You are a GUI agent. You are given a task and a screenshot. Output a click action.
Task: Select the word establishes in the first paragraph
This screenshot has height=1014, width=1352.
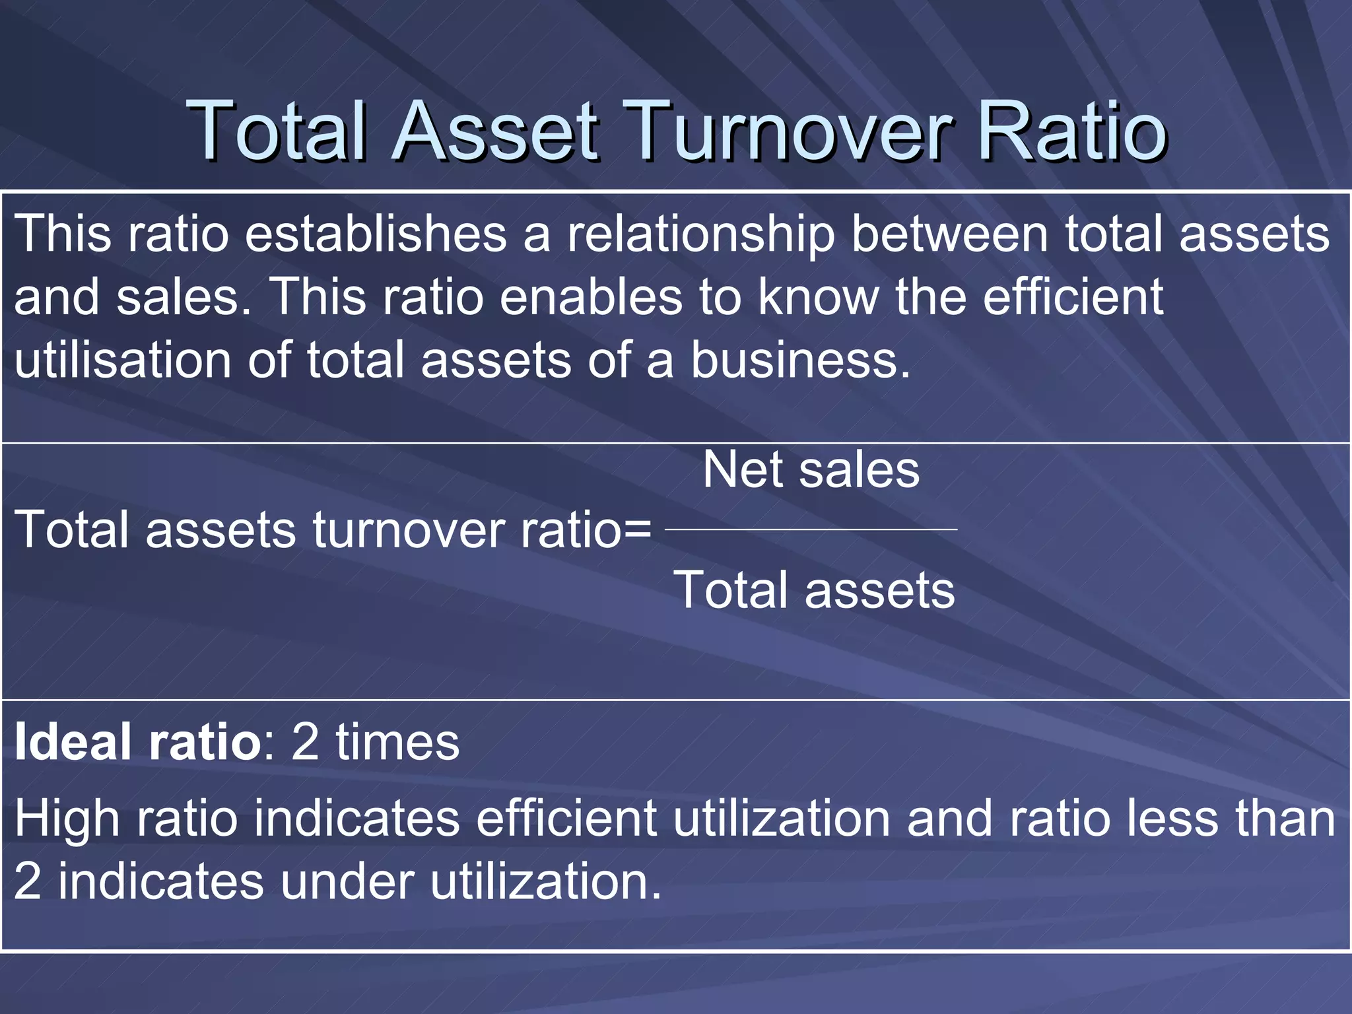(376, 234)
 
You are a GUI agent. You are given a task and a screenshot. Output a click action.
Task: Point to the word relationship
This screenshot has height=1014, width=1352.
(700, 235)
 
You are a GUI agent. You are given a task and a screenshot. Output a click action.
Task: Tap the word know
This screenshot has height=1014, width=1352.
(819, 297)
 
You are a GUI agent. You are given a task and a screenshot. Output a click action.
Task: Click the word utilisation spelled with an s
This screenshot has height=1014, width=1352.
(123, 360)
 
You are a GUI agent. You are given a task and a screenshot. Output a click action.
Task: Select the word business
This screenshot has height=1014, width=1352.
(801, 360)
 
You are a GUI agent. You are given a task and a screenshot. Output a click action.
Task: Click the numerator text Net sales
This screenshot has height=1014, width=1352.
(811, 470)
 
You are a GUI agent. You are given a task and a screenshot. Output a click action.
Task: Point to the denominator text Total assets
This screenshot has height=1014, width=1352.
(813, 590)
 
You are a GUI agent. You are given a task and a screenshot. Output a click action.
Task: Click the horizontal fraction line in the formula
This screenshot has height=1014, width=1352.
(811, 529)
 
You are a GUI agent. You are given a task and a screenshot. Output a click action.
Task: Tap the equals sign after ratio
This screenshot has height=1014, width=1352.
(636, 531)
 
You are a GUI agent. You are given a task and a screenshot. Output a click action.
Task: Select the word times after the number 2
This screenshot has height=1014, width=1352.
(397, 742)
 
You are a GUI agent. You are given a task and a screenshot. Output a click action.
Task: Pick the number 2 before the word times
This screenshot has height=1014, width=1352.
(304, 742)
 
